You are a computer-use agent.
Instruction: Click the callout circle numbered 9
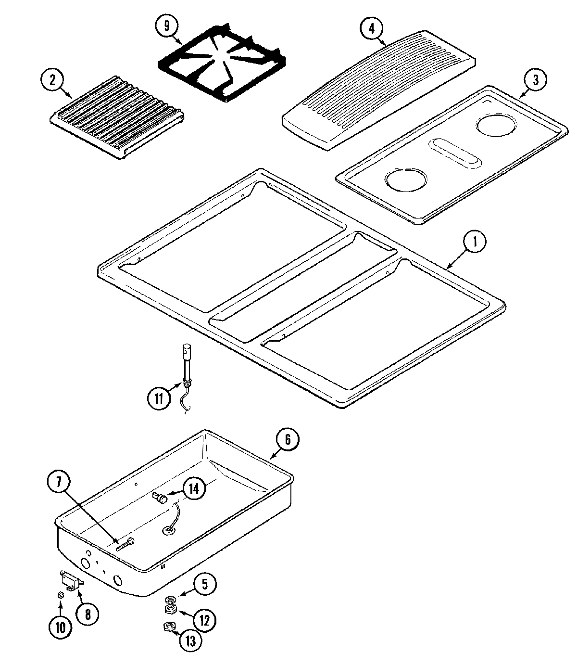click(167, 27)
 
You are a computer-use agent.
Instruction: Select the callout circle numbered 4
click(371, 27)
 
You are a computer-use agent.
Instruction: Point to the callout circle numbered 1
click(474, 243)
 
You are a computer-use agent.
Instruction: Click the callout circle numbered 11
click(159, 398)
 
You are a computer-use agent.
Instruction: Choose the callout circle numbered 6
click(287, 439)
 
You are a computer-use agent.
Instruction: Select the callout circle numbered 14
click(193, 488)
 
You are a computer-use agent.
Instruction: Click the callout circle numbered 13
click(191, 640)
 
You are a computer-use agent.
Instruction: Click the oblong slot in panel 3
click(454, 154)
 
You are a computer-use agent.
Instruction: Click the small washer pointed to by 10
click(61, 595)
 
